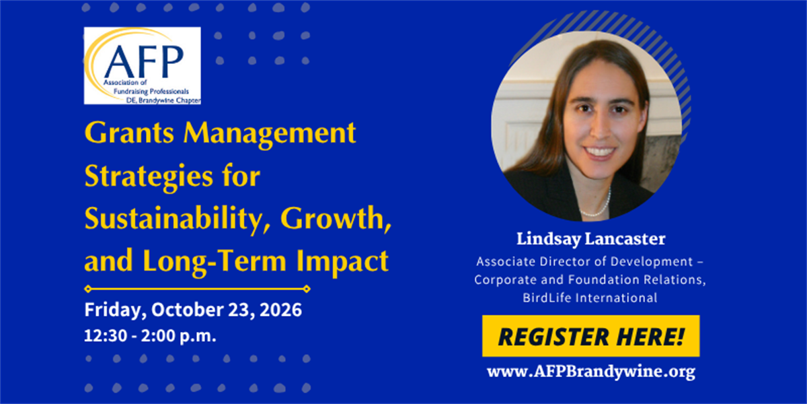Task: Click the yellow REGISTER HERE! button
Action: [x=591, y=336]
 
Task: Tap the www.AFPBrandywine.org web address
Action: [x=591, y=372]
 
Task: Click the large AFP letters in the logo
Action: [x=144, y=61]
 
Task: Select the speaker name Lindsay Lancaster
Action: [x=591, y=239]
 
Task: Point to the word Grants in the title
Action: [x=129, y=133]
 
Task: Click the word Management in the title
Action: [x=270, y=134]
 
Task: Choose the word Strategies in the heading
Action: [x=149, y=176]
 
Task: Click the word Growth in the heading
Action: [x=336, y=219]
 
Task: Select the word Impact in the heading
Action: [x=342, y=261]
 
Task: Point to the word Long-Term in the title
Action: [x=215, y=262]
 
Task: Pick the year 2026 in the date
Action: [x=280, y=310]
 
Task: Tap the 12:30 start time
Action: [x=106, y=336]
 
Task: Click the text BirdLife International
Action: [x=590, y=298]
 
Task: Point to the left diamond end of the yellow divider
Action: [x=88, y=289]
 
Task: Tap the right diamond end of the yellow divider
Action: [x=307, y=289]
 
